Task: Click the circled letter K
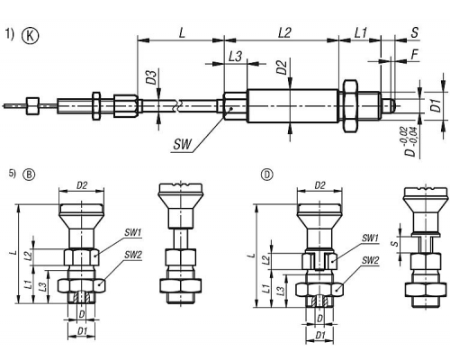31,36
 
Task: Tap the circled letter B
29,175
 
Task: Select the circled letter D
267,175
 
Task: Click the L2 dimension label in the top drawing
284,32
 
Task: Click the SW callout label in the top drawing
182,145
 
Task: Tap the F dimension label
415,55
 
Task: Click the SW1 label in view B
133,232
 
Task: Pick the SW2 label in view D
370,260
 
